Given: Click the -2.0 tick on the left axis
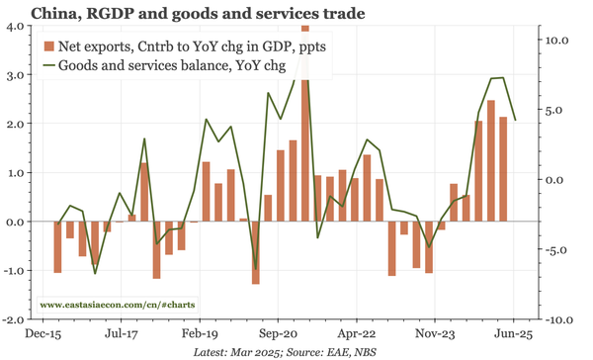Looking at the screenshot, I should click(x=13, y=320).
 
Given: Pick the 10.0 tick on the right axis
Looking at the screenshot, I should click(x=559, y=40).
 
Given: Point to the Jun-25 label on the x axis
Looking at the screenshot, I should click(x=514, y=335).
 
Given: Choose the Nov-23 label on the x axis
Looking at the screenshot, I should click(x=435, y=335).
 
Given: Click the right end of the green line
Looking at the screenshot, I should click(x=515, y=120).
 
